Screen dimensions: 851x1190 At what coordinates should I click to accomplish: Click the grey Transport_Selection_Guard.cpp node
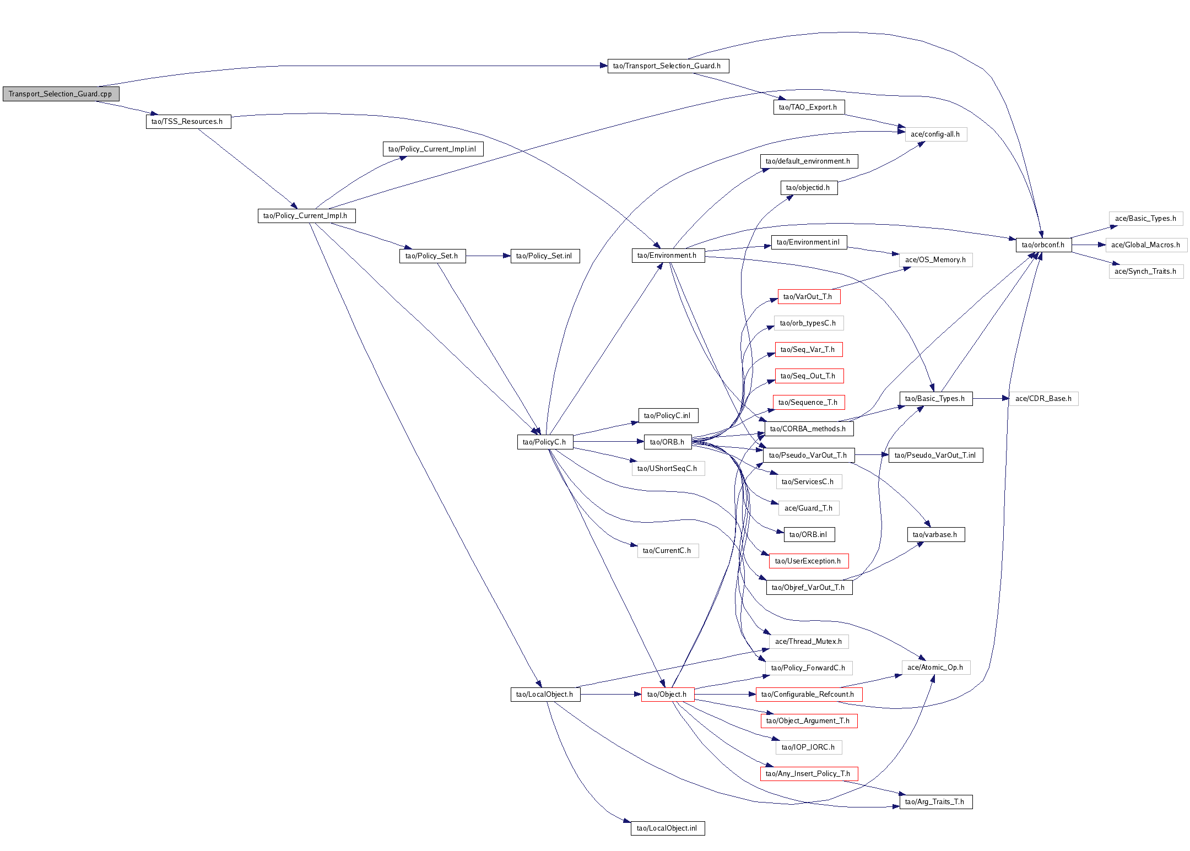pos(61,94)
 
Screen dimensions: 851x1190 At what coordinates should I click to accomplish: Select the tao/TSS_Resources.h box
pos(188,122)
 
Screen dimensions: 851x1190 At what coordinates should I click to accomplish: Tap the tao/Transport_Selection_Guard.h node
pos(668,66)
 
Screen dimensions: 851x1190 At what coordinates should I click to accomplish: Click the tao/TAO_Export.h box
pos(808,107)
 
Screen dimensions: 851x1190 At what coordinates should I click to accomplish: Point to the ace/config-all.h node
pos(935,134)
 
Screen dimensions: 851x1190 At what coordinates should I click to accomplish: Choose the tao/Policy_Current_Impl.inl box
pos(432,149)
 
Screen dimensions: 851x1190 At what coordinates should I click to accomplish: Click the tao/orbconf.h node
pos(1043,245)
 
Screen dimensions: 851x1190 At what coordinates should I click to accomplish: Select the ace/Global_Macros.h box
pos(1146,245)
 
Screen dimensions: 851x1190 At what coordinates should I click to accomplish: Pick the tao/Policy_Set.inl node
pos(545,256)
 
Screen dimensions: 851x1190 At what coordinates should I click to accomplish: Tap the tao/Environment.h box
pos(667,256)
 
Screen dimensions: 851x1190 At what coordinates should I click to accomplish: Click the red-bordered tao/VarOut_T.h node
pos(808,297)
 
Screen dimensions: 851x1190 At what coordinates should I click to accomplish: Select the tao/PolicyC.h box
pos(545,442)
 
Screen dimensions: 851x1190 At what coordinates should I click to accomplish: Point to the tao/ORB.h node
pos(667,442)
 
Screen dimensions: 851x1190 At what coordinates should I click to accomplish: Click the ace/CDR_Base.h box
pos(1043,399)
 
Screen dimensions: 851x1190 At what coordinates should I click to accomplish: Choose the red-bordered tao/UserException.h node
pos(808,561)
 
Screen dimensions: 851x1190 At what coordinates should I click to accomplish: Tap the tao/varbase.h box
pos(935,535)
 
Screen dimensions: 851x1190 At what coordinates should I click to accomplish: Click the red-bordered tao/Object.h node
pos(667,695)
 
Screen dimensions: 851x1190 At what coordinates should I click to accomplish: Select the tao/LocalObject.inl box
pos(667,828)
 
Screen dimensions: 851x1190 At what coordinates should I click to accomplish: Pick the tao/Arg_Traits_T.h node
pos(935,802)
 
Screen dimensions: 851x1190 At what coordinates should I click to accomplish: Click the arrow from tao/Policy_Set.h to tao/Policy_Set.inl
pos(488,256)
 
